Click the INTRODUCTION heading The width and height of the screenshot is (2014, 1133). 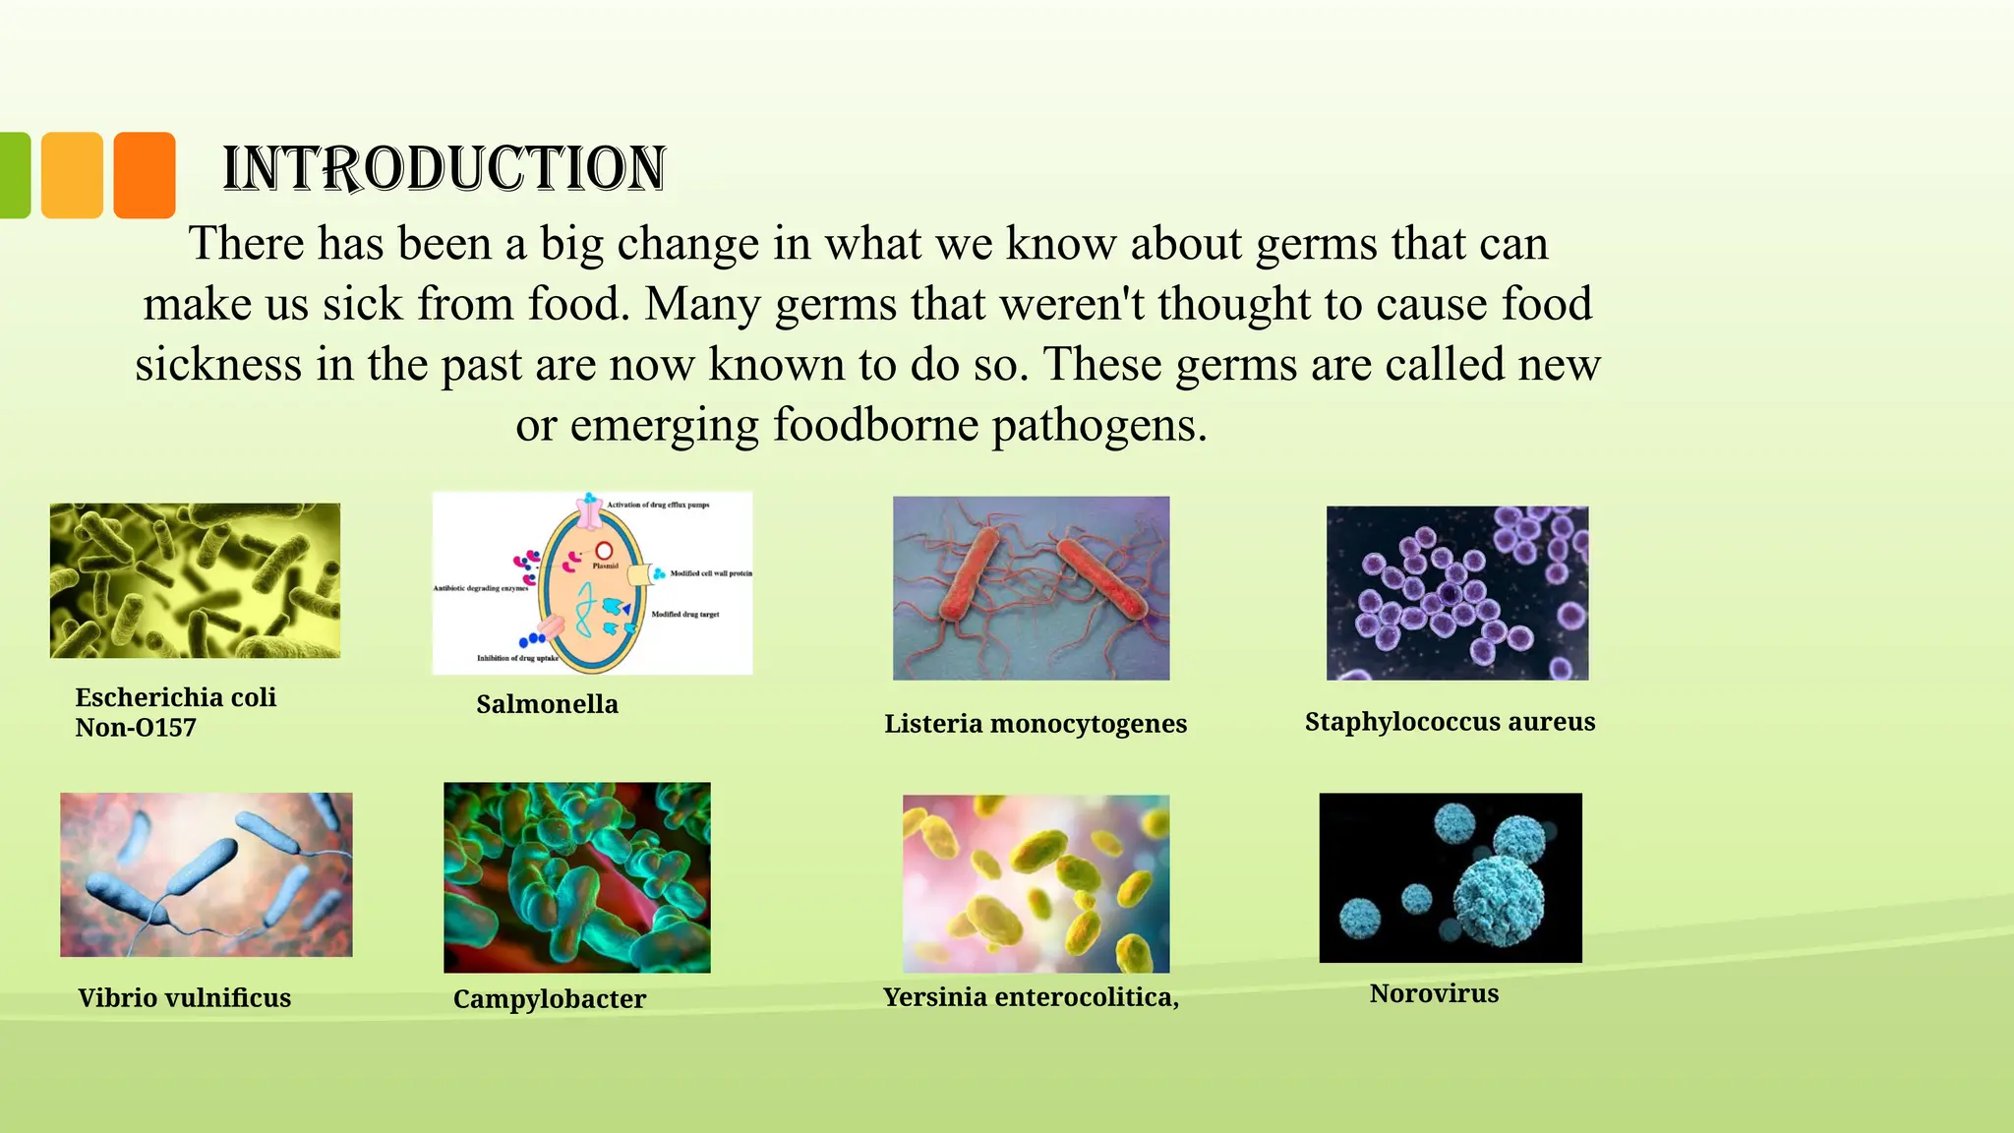pos(444,168)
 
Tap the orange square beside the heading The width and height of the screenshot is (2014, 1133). pos(145,175)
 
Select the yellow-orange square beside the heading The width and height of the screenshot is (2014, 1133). pos(72,175)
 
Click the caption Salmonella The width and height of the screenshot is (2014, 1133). pos(547,704)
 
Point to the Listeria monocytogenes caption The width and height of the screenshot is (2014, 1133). pos(1035,724)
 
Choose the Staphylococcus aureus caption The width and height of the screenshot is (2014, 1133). pos(1450,722)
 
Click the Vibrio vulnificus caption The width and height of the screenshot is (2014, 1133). pos(184,998)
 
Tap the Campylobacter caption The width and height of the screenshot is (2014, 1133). pos(549,999)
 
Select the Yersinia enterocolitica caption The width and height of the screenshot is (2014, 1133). pos(1030,997)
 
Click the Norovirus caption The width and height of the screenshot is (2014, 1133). pos(1434,993)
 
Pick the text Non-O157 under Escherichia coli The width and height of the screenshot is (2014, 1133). pos(136,728)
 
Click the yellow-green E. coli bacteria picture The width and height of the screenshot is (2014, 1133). pos(195,580)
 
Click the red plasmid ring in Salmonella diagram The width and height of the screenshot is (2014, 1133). pos(604,553)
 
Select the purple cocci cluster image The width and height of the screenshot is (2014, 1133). pos(1456,593)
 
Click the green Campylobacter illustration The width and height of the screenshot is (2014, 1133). pos(576,877)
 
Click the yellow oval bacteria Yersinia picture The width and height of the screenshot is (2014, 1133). pos(1036,883)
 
